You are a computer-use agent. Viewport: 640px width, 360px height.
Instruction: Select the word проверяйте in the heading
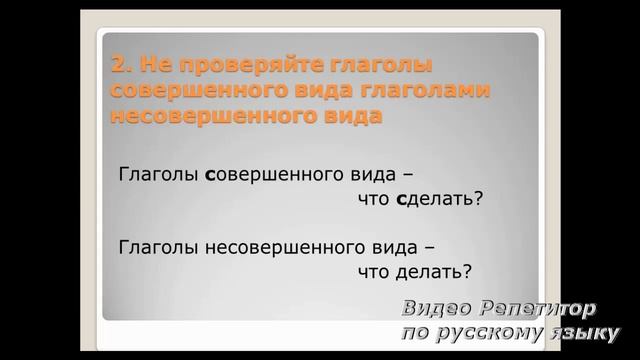tap(215, 67)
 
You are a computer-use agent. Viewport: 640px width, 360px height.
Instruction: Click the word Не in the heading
tap(150, 67)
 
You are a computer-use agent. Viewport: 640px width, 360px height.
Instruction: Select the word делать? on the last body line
tap(434, 271)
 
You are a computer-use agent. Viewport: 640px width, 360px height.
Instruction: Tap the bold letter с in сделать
tap(401, 199)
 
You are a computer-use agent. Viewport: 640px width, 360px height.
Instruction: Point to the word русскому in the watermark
tap(484, 332)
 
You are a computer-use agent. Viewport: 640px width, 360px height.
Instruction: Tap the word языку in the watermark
tap(584, 332)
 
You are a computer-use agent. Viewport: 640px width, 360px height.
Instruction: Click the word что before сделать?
tap(374, 198)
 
